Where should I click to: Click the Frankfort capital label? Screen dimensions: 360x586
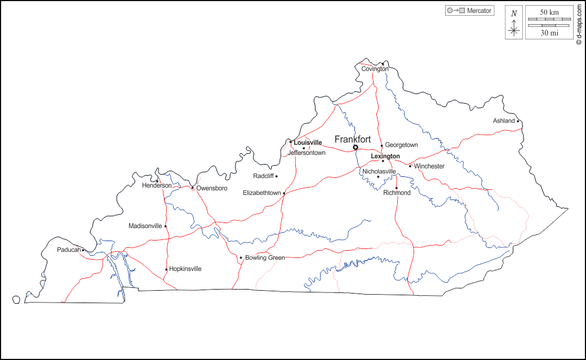coord(353,139)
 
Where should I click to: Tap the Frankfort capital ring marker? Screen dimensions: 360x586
coord(356,148)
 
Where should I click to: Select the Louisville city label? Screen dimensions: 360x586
coord(308,143)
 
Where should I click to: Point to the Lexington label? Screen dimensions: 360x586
coord(385,156)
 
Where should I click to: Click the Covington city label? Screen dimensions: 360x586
coord(375,69)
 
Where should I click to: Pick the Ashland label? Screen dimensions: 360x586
coord(504,121)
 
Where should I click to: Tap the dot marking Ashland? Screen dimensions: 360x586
coord(518,121)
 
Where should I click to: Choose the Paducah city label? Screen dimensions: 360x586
coord(69,250)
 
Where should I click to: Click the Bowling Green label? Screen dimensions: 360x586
coord(265,257)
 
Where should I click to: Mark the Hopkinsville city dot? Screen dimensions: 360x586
coord(166,269)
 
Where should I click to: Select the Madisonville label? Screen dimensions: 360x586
coord(145,226)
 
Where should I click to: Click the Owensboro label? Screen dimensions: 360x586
coord(212,188)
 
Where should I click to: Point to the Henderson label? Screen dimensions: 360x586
coord(157,185)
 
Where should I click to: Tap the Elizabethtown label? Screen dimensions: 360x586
coord(261,193)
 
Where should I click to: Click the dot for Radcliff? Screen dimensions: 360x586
coord(276,176)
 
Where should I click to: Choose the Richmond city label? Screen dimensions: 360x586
coord(397,193)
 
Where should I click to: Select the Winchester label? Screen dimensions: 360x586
coord(429,166)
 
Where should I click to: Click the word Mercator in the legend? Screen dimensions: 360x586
coord(479,11)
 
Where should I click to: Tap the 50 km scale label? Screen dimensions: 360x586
coord(549,12)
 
